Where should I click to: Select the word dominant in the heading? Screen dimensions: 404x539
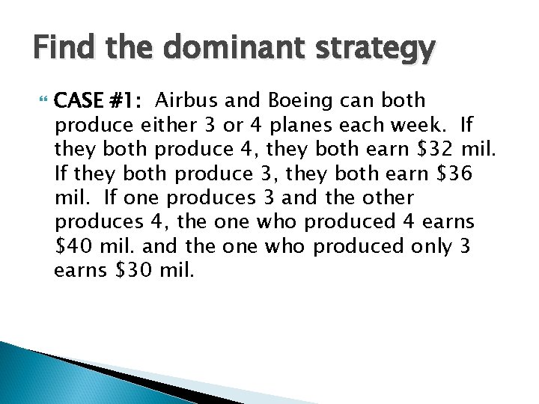point(207,50)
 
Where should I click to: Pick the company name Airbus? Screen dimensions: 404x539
point(189,100)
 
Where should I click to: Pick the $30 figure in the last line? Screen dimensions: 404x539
point(136,270)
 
